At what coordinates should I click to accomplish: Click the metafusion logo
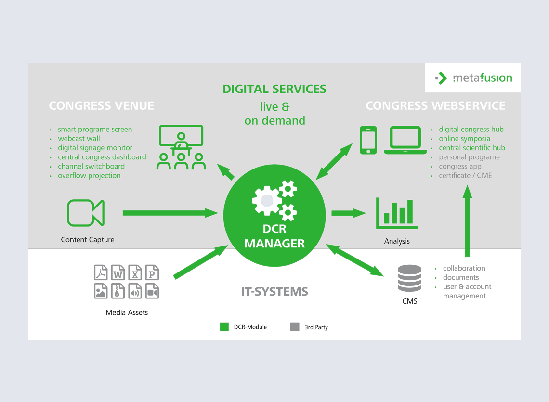pyautogui.click(x=473, y=78)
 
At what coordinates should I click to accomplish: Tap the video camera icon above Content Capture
pyautogui.click(x=86, y=213)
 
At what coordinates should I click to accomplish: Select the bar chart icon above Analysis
pyautogui.click(x=396, y=213)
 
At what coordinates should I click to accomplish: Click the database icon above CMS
pyautogui.click(x=409, y=278)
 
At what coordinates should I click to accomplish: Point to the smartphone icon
pyautogui.click(x=368, y=140)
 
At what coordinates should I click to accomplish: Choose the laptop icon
pyautogui.click(x=405, y=140)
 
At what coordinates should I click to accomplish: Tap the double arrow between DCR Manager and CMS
pyautogui.click(x=355, y=260)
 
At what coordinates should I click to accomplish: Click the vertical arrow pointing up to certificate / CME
pyautogui.click(x=467, y=221)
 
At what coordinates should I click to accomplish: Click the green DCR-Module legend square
pyautogui.click(x=224, y=327)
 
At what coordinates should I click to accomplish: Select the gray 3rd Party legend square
pyautogui.click(x=295, y=327)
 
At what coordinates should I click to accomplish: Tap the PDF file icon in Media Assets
pyautogui.click(x=101, y=272)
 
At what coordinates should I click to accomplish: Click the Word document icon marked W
pyautogui.click(x=118, y=272)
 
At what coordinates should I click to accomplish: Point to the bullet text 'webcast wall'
pyautogui.click(x=79, y=139)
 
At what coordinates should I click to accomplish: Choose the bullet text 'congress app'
pyautogui.click(x=460, y=166)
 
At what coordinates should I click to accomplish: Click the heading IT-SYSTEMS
pyautogui.click(x=274, y=291)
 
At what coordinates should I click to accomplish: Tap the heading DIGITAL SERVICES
pyautogui.click(x=274, y=89)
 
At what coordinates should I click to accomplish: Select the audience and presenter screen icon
pyautogui.click(x=181, y=147)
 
